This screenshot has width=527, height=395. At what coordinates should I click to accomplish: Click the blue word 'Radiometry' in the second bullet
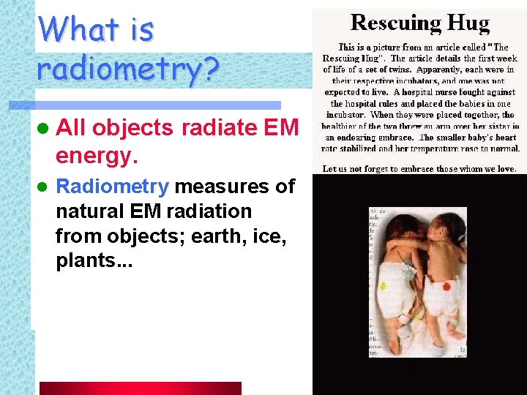(x=112, y=187)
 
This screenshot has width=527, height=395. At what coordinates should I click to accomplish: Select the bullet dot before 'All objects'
(x=42, y=129)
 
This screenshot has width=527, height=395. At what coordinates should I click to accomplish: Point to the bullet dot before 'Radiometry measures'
(x=42, y=187)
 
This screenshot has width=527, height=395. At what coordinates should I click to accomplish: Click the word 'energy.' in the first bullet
(x=97, y=155)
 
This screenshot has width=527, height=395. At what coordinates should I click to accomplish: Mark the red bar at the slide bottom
(x=140, y=388)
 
